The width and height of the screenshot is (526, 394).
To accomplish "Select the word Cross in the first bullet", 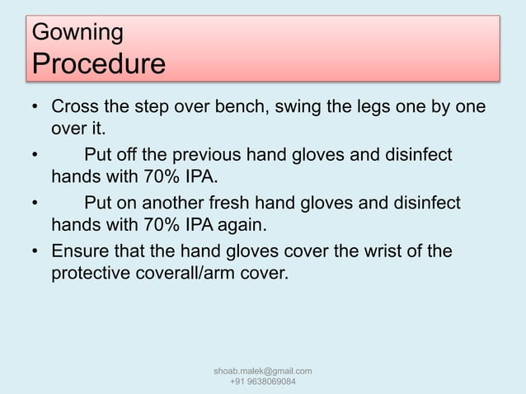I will tap(76, 109).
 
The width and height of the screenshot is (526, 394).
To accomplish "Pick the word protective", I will tap(94, 273).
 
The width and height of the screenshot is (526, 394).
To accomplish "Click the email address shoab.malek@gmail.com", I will tap(262, 372).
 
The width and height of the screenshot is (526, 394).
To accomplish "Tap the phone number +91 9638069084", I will tap(262, 382).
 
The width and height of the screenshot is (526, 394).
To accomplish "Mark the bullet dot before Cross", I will tap(35, 110).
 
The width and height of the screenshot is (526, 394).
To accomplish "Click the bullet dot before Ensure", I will tap(35, 251).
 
